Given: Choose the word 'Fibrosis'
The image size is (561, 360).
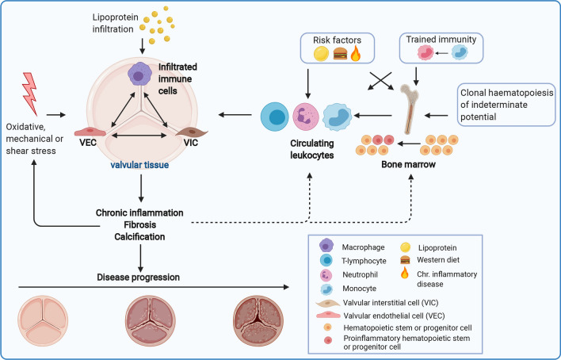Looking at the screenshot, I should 140,226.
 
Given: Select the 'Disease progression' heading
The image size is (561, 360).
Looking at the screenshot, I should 139,277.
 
